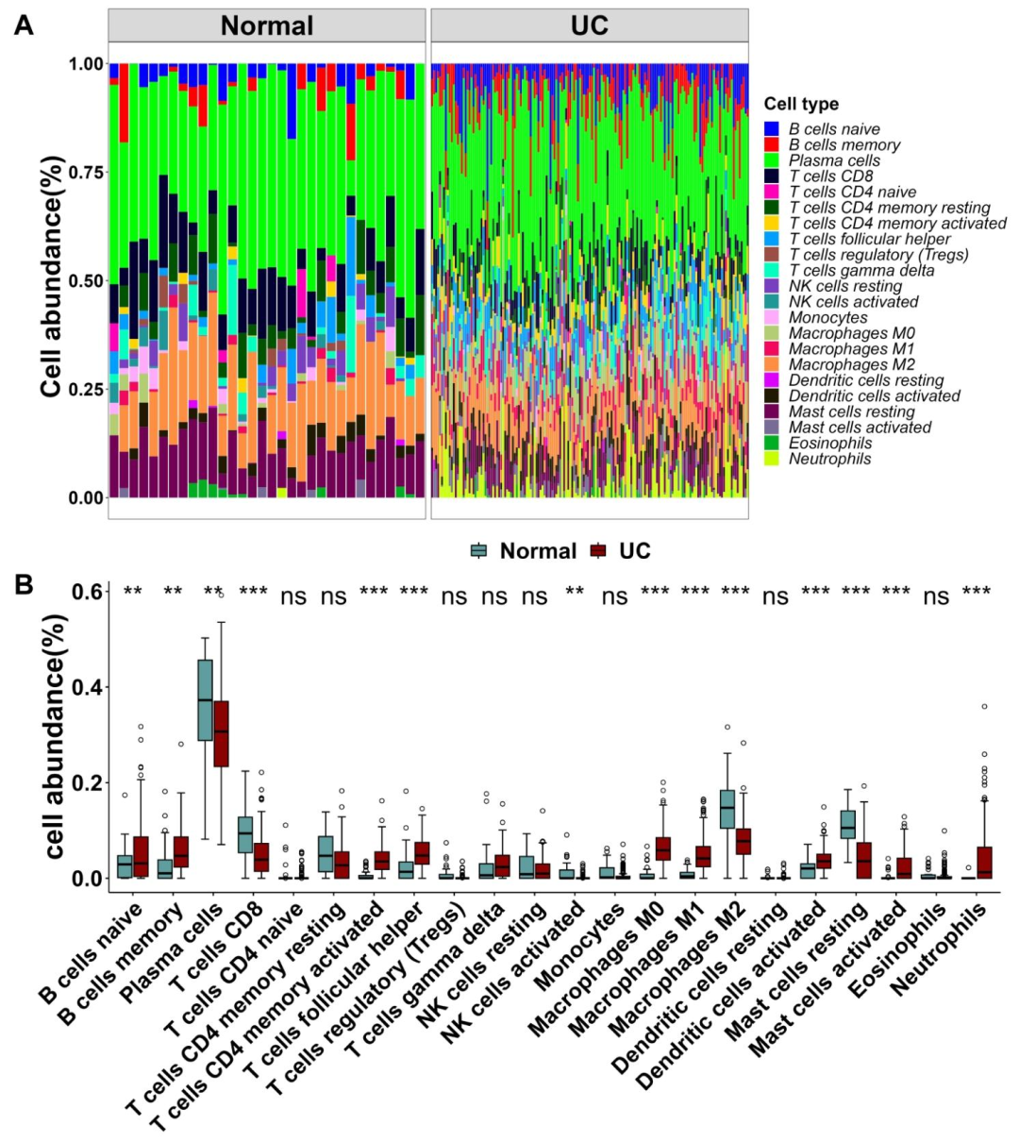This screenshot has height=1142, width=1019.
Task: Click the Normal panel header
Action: click(267, 25)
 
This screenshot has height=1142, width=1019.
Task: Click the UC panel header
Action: click(590, 25)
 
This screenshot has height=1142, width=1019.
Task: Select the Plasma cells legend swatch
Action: click(772, 160)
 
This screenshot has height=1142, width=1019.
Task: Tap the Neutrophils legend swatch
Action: click(772, 459)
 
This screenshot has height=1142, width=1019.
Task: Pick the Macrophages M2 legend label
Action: click(852, 364)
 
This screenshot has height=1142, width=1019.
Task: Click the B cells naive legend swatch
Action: click(772, 129)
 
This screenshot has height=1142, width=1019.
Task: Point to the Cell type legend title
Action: click(801, 104)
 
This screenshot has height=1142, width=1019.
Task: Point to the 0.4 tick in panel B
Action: click(90, 686)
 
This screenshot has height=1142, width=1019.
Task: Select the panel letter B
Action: click(23, 584)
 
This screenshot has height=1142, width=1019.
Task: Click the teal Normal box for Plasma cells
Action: click(205, 699)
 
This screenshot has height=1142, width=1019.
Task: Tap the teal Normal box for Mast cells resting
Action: click(847, 824)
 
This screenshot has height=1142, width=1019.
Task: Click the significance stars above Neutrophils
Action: click(977, 594)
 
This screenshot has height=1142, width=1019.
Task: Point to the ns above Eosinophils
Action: click(936, 596)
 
